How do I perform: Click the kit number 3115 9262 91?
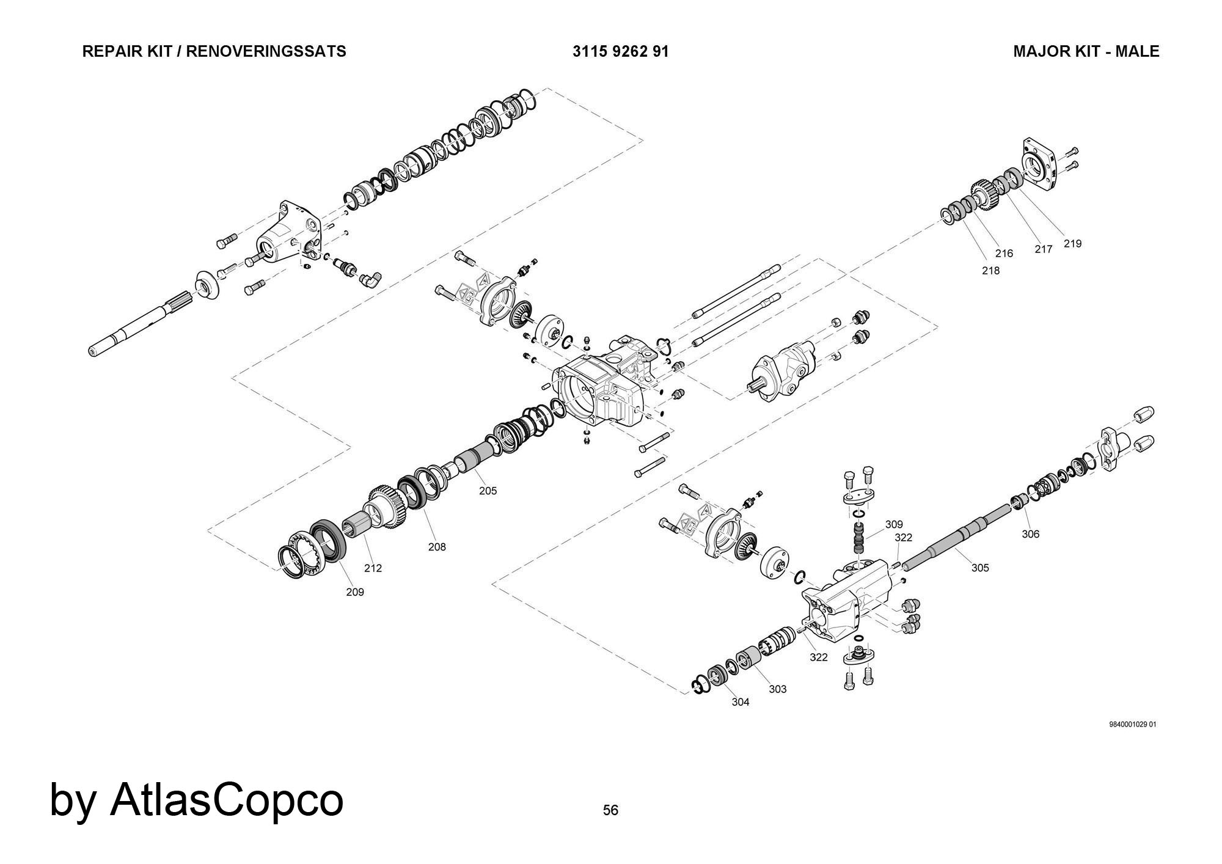(620, 51)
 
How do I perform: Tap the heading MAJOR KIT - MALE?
(1086, 51)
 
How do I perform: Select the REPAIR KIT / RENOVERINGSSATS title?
(214, 51)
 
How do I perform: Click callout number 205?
(488, 491)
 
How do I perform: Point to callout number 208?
(437, 547)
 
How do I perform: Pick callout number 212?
(373, 568)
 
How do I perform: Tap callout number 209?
(355, 592)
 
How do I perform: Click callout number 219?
(1072, 244)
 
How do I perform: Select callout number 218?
(990, 271)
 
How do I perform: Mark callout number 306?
(1030, 534)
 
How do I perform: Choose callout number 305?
(980, 568)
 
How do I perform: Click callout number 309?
(894, 524)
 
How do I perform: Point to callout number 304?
(740, 702)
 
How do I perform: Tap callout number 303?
(777, 689)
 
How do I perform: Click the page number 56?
(610, 810)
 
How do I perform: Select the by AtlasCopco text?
(196, 800)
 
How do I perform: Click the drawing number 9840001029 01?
(1132, 725)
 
